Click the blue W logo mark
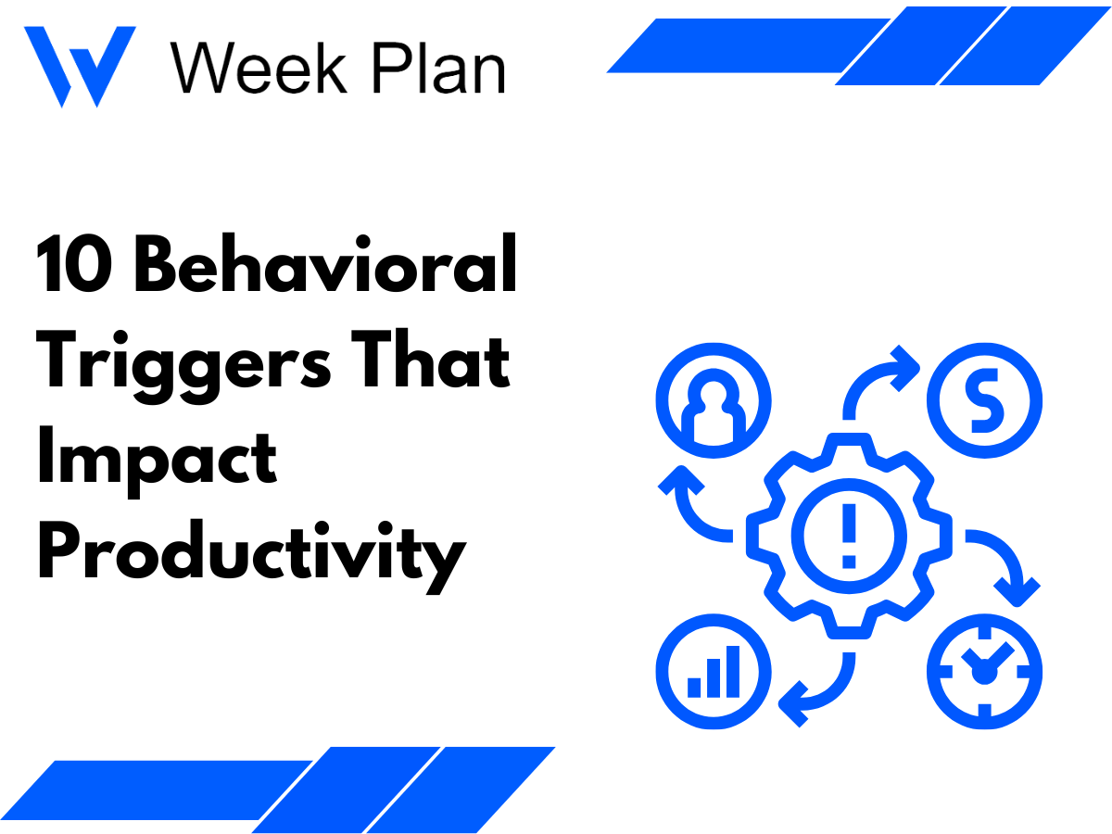[x=80, y=65]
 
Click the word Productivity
[x=250, y=554]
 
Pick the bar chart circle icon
[x=713, y=670]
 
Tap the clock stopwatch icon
[x=985, y=670]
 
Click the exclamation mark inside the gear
[x=849, y=535]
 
